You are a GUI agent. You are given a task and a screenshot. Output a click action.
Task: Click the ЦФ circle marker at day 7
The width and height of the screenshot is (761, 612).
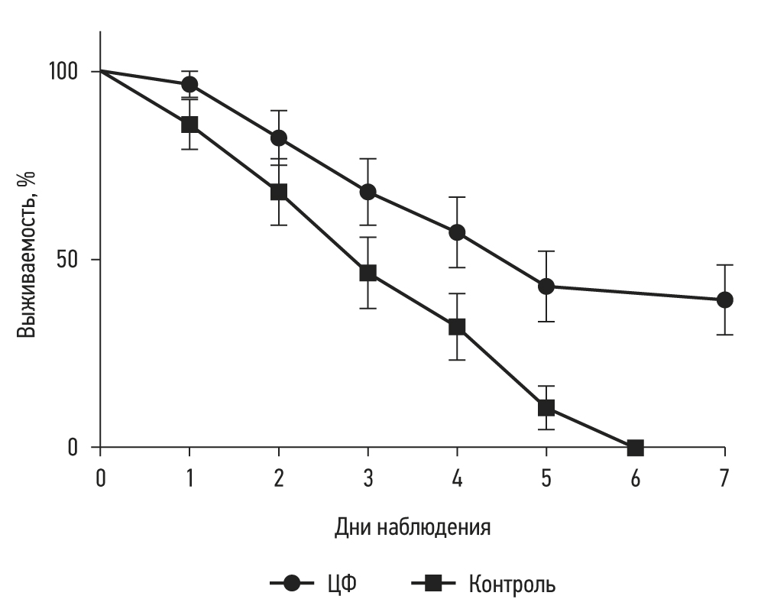[x=724, y=300]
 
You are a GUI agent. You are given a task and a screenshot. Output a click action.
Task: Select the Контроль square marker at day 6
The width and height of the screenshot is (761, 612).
[x=635, y=447]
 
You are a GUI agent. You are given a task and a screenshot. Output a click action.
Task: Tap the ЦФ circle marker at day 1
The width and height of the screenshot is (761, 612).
[x=189, y=84]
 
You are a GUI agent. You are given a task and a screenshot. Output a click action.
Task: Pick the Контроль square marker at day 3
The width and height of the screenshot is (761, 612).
[x=368, y=273]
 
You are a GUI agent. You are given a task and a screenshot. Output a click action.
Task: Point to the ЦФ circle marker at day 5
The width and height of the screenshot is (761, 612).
[x=546, y=287]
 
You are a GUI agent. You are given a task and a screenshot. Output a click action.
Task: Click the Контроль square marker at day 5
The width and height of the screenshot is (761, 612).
[x=546, y=408]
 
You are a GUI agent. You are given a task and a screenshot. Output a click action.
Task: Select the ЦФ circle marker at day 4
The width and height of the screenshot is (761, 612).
[x=457, y=232]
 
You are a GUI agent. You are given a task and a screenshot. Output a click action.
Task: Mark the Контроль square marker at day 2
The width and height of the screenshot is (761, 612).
[x=279, y=192]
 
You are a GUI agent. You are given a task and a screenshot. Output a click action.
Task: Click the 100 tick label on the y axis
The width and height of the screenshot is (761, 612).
[x=64, y=72]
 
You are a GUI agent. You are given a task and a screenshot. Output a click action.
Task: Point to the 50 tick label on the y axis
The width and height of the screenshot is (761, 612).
[x=70, y=259]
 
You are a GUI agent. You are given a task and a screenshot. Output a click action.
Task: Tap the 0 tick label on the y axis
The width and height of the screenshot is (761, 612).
[x=74, y=447]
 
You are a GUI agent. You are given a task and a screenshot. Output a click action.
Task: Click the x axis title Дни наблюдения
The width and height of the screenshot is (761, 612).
[x=412, y=528]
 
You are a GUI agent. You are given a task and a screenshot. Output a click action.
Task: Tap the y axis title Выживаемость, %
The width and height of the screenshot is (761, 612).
[x=28, y=255]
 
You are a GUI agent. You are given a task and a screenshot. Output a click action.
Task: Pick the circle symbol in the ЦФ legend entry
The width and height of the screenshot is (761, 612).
[x=292, y=584]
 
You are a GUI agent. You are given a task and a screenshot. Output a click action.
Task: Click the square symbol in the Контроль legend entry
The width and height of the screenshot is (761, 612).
[x=434, y=584]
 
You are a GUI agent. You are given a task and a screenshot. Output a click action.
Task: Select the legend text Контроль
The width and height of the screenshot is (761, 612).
[x=512, y=585]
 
